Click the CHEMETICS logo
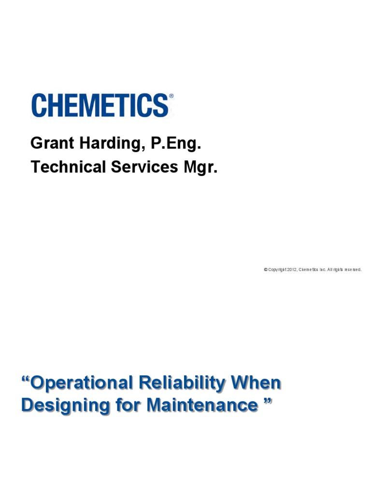[100, 106]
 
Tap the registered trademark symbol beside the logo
[171, 96]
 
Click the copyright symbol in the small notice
[266, 270]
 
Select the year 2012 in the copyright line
[291, 270]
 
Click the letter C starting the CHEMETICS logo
[40, 106]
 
